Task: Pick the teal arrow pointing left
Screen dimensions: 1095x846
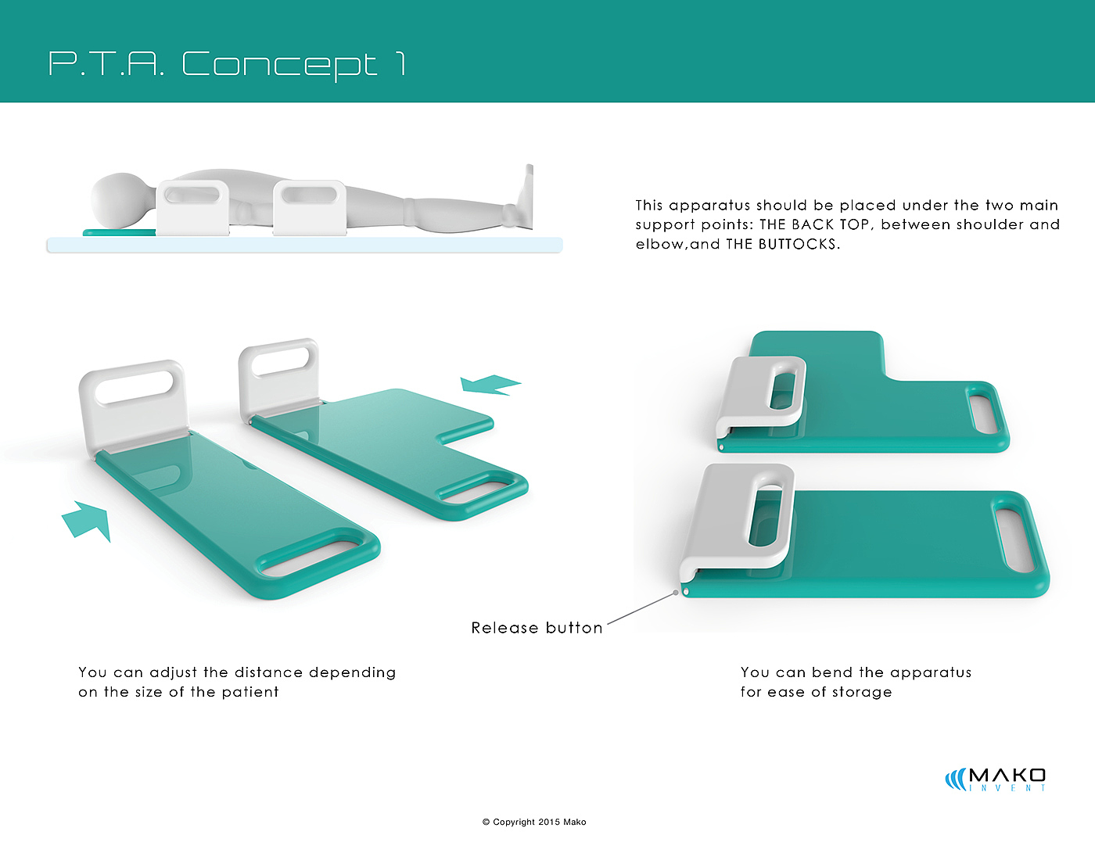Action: (x=489, y=384)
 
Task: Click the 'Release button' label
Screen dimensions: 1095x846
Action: (x=537, y=628)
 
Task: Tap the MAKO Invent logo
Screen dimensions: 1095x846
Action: (x=996, y=779)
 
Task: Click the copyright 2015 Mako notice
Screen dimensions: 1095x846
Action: (x=534, y=822)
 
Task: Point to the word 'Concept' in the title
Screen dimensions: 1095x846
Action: (x=279, y=64)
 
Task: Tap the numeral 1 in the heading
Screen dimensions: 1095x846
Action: (x=400, y=64)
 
